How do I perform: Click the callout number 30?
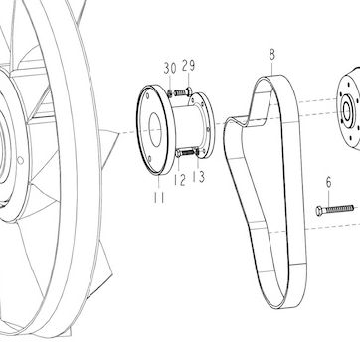170,68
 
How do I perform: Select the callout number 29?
188,66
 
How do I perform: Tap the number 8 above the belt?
272,55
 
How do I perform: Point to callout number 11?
159,198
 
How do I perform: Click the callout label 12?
180,180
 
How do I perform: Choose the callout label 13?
199,176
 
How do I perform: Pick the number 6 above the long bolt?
328,182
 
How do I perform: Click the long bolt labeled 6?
335,210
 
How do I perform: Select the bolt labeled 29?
182,91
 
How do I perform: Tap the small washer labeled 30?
170,93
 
